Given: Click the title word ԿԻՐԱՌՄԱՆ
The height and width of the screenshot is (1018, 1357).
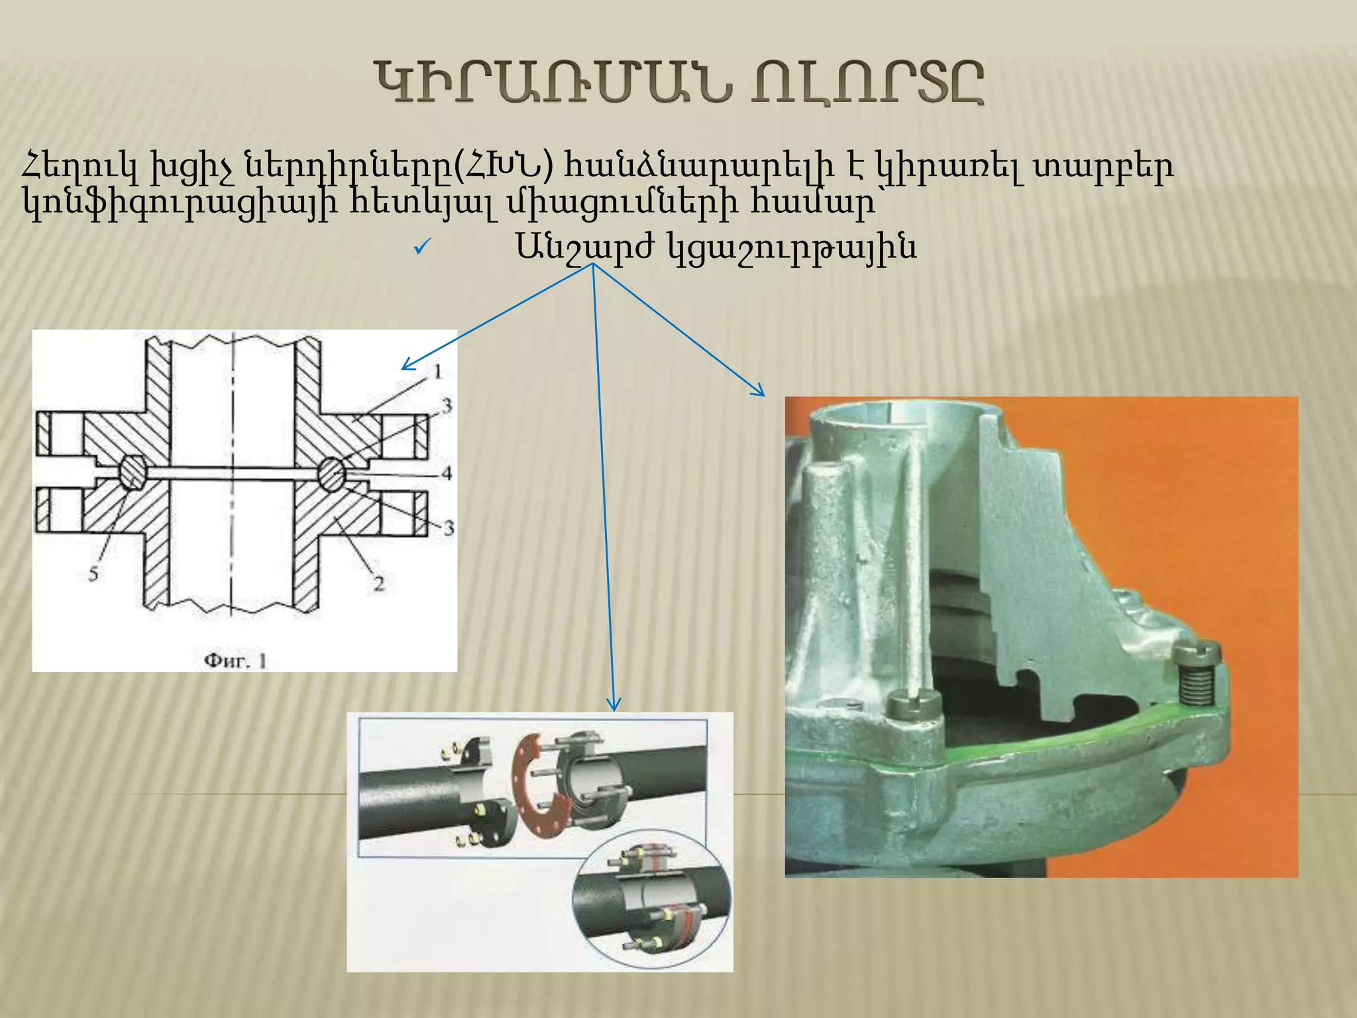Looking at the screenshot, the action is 553,84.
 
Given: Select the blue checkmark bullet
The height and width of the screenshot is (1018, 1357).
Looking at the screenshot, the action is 422,247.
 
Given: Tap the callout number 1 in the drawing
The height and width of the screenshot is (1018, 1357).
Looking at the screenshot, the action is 437,372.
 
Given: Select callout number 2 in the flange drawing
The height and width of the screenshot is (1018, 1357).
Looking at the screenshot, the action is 378,584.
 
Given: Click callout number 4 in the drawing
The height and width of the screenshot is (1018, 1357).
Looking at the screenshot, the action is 447,473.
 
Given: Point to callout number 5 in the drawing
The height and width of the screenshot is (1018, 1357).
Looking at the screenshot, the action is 93,574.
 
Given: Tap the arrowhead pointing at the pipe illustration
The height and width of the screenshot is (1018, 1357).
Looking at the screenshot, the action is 614,706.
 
